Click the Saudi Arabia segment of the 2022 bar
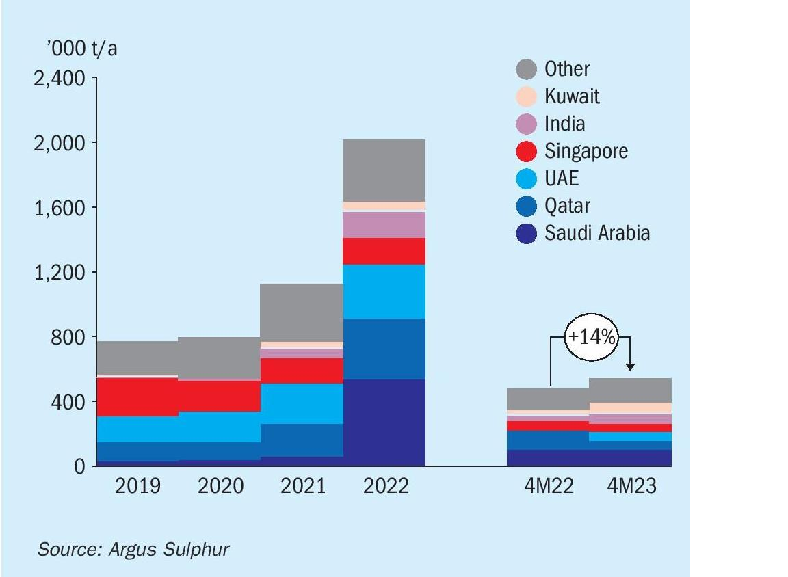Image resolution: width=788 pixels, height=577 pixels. pos(384,422)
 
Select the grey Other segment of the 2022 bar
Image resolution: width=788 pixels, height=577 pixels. pos(384,170)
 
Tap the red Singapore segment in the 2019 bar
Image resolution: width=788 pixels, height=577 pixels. pos(137,397)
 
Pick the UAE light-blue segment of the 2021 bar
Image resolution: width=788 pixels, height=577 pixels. pos(302,403)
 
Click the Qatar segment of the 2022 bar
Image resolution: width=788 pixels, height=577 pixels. pos(384,349)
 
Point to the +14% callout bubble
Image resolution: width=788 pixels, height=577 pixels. pos(590,338)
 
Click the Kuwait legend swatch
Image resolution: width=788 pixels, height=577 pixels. pos(526,96)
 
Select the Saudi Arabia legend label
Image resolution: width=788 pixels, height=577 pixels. pos(596,233)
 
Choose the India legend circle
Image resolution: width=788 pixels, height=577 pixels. pos(526,124)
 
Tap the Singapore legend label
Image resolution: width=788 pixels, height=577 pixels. pos(586,150)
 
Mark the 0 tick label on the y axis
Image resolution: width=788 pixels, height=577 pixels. pos(79,467)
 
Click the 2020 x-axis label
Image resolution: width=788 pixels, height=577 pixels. pos(220,486)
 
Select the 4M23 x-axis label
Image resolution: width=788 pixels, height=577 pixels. pos(631,486)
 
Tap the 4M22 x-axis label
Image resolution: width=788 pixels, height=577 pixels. pos(549,486)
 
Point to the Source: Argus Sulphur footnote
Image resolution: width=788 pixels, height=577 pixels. pos(133,549)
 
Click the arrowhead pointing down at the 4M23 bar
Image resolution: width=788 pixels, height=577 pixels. pos(631,367)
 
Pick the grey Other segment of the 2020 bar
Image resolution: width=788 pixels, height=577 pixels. pos(220,358)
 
